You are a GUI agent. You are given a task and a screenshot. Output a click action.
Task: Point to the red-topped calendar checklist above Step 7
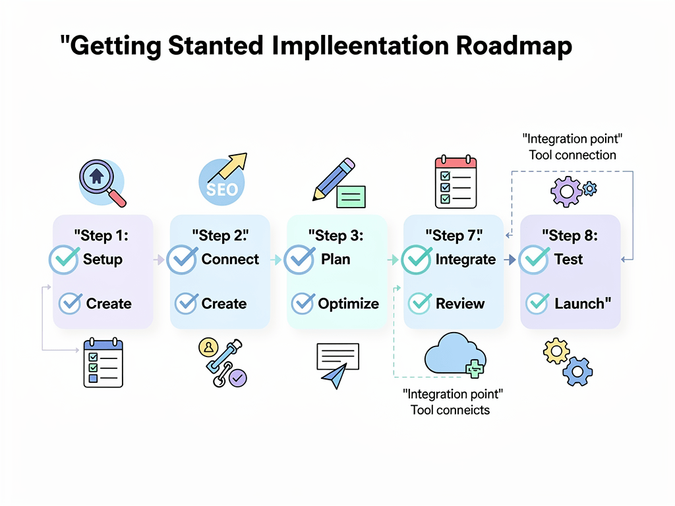pyautogui.click(x=455, y=182)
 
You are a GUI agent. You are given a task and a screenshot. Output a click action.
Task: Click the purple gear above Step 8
pyautogui.click(x=566, y=192)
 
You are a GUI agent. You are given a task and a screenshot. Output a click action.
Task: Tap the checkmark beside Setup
pyautogui.click(x=65, y=260)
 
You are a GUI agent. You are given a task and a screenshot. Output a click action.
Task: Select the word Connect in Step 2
pyautogui.click(x=230, y=260)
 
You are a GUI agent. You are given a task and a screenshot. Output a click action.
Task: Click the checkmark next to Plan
pyautogui.click(x=299, y=260)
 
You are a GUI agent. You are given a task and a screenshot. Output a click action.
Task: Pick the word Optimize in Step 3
pyautogui.click(x=348, y=304)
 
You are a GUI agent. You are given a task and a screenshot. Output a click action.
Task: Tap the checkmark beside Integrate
pyautogui.click(x=417, y=260)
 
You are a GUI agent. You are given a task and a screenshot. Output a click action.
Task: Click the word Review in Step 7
pyautogui.click(x=460, y=304)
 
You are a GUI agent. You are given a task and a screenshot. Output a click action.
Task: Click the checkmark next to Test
pyautogui.click(x=534, y=260)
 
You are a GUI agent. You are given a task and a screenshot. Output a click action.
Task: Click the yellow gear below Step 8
pyautogui.click(x=556, y=351)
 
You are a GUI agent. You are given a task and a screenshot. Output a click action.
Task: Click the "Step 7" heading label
pyautogui.click(x=454, y=235)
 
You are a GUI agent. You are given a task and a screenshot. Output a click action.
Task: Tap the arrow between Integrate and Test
pyautogui.click(x=510, y=260)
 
